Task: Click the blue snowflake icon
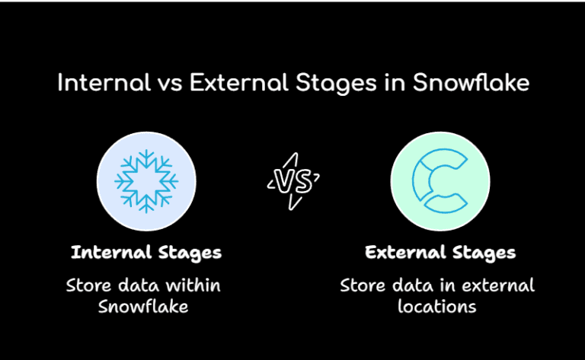tap(145, 181)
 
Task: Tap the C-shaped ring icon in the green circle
tap(439, 181)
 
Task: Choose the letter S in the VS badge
tap(302, 181)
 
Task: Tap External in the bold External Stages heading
tap(400, 252)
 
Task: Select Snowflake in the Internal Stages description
tap(142, 307)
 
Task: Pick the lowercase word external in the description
tap(502, 286)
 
